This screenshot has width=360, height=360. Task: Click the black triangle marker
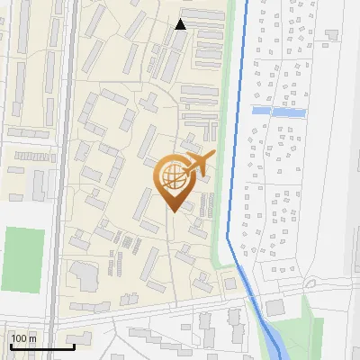(x=181, y=24)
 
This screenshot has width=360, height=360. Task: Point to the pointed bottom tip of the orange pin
(x=173, y=211)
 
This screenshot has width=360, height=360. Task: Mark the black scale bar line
(x=41, y=346)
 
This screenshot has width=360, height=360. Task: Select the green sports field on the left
(x=23, y=255)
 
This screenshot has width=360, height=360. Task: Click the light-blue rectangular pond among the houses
(x=278, y=111)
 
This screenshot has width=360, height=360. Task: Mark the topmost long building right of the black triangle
(x=209, y=22)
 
